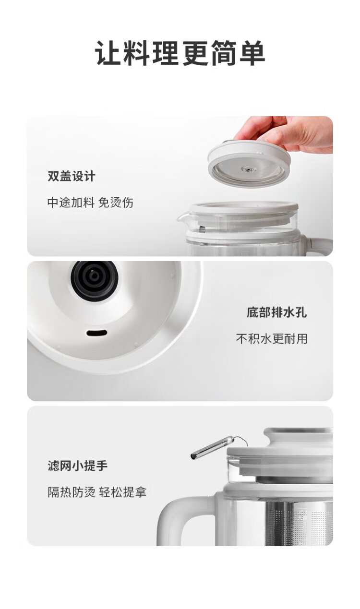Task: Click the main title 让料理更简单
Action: (180, 53)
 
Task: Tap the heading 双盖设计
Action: (72, 176)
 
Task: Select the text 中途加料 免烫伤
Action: (90, 203)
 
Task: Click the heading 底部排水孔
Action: (276, 312)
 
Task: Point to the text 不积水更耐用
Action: (272, 339)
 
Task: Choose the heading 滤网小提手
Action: (77, 466)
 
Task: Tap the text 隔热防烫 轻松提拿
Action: (97, 492)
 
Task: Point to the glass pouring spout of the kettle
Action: (183, 217)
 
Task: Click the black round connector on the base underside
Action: (95, 280)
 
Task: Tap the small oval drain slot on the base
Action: (96, 333)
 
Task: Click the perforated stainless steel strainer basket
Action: (299, 524)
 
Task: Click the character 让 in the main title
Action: (108, 53)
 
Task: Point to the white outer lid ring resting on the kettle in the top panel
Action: (244, 207)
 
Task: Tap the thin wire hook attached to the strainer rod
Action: (241, 440)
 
